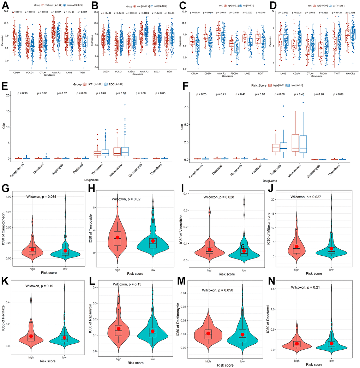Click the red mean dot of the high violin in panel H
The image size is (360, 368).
point(118,237)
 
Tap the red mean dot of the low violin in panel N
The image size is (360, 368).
point(331,344)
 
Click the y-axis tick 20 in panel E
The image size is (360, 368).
point(12,95)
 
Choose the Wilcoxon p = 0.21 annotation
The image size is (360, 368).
point(310,287)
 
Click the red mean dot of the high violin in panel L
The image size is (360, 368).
point(119,329)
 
